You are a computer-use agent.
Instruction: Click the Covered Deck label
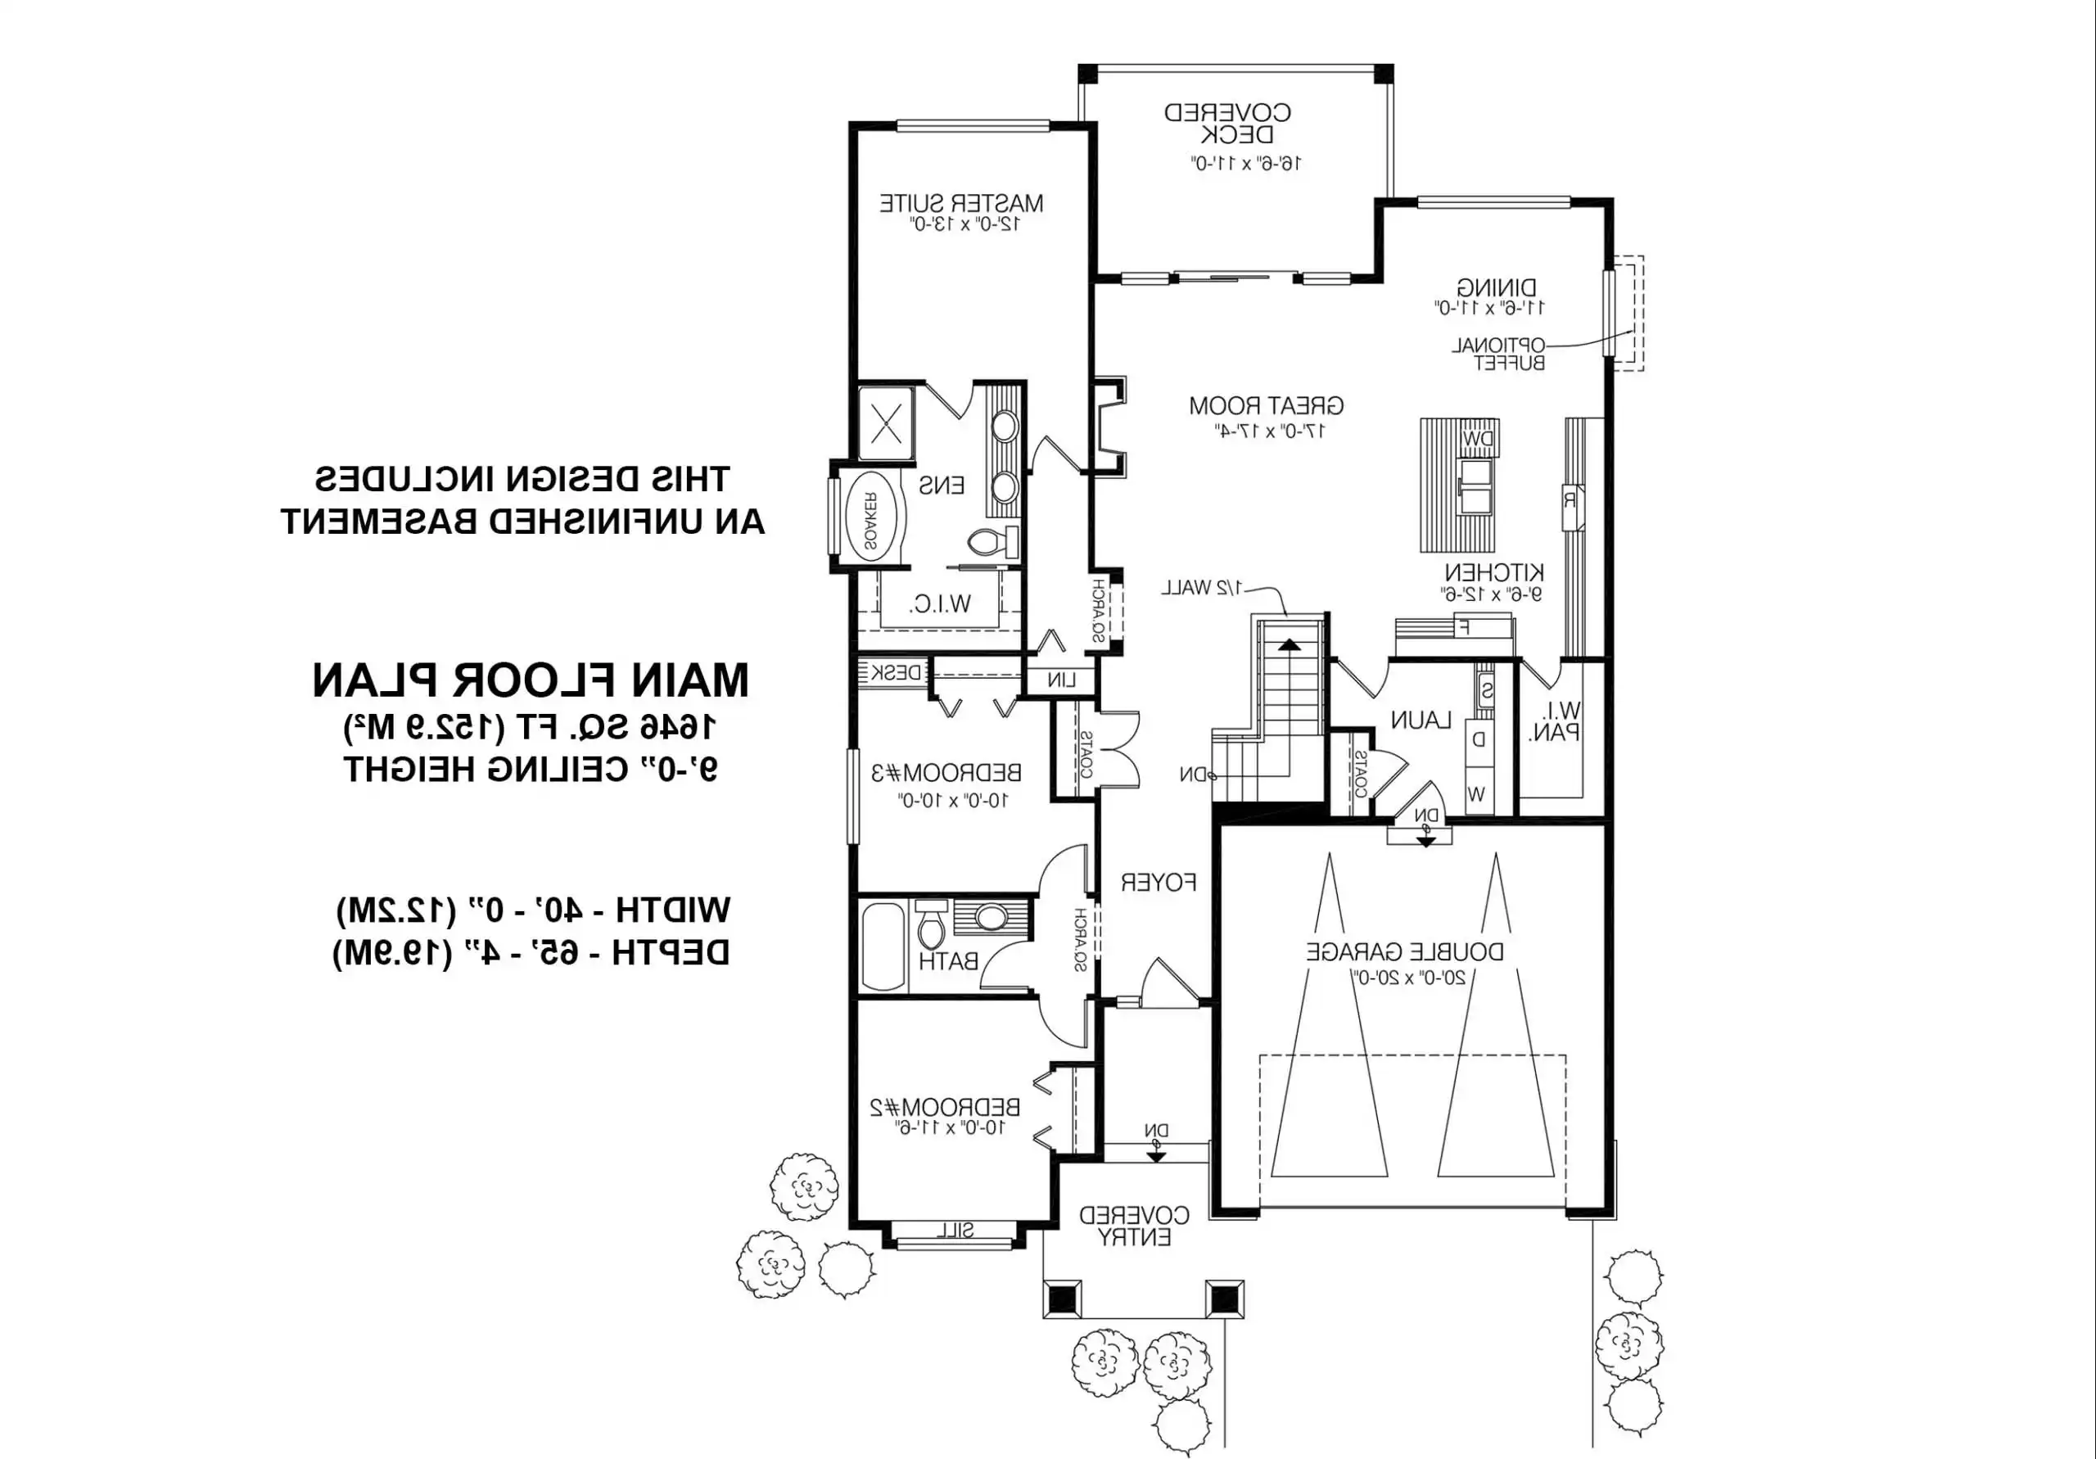click(x=1227, y=124)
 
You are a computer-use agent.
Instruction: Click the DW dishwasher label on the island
click(x=1477, y=440)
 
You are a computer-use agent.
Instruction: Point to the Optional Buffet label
click(x=1498, y=355)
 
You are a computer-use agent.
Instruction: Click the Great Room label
click(x=1265, y=405)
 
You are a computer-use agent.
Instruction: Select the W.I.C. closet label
click(x=940, y=603)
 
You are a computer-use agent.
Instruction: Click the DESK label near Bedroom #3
click(x=896, y=673)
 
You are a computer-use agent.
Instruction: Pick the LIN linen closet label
click(x=1061, y=680)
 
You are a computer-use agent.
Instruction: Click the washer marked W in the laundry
click(x=1476, y=794)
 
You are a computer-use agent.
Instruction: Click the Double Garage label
click(x=1405, y=952)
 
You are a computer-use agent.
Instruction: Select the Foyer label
click(x=1159, y=883)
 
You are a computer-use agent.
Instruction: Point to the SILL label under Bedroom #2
click(x=954, y=1231)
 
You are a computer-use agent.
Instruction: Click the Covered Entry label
click(x=1134, y=1226)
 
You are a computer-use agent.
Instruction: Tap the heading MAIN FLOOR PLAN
click(x=531, y=681)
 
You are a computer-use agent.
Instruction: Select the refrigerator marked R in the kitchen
click(x=1570, y=500)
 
